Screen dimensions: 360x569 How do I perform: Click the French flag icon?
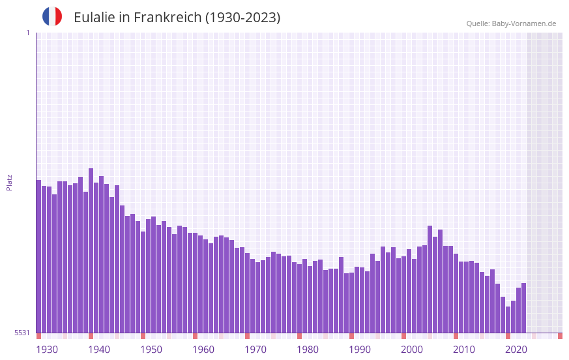52,16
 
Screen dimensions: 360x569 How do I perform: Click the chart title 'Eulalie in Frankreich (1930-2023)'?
177,18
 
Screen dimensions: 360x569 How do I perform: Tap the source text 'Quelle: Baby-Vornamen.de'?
511,23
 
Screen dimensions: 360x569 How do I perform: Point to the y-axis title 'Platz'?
9,182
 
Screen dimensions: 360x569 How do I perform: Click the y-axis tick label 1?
27,33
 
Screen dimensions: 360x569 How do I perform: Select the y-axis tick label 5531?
22,333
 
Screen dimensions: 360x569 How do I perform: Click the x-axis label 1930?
47,350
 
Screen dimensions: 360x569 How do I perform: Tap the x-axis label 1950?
151,350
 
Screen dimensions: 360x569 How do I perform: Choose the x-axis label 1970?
255,350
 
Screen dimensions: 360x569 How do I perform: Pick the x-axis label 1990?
360,350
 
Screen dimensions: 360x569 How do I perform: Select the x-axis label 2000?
412,350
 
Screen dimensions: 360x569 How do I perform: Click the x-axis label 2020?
516,350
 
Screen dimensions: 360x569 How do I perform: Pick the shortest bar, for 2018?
508,320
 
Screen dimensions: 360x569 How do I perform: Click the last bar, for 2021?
523,308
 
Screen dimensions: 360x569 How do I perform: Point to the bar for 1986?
330,301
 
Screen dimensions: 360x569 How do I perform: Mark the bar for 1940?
101,254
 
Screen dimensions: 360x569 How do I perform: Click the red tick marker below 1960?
195,336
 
